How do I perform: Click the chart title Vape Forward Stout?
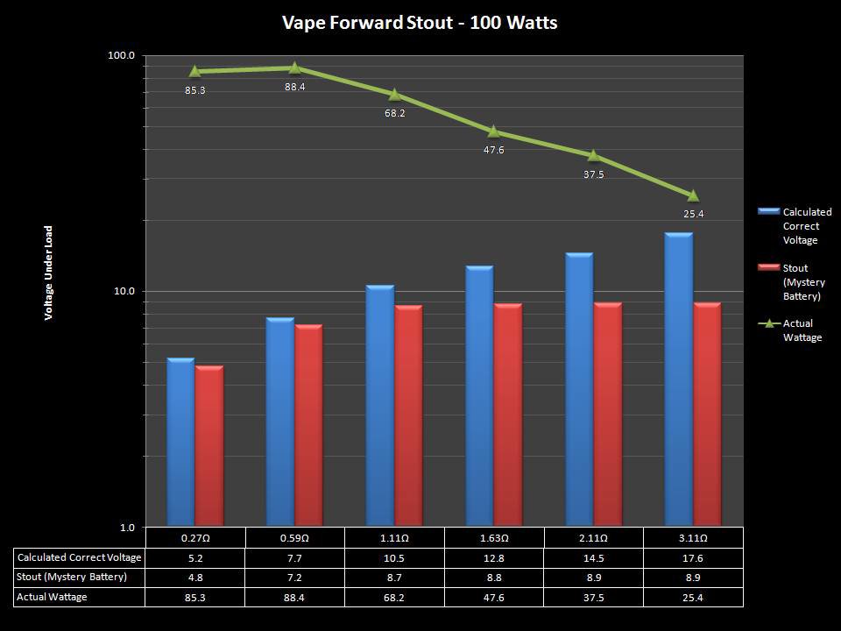(420, 23)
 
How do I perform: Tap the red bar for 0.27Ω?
(209, 445)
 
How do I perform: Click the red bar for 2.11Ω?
(607, 414)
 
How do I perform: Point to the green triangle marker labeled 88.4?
(294, 68)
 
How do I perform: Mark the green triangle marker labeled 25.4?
(693, 196)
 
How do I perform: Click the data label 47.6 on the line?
(493, 150)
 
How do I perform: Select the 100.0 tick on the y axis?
(121, 56)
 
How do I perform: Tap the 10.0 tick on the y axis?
(123, 292)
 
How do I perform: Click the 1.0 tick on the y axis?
(125, 528)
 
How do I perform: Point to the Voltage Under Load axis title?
(50, 272)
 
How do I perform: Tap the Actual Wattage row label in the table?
(52, 597)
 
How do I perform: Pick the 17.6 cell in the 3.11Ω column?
(693, 557)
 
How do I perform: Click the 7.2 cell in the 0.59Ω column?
(294, 577)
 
